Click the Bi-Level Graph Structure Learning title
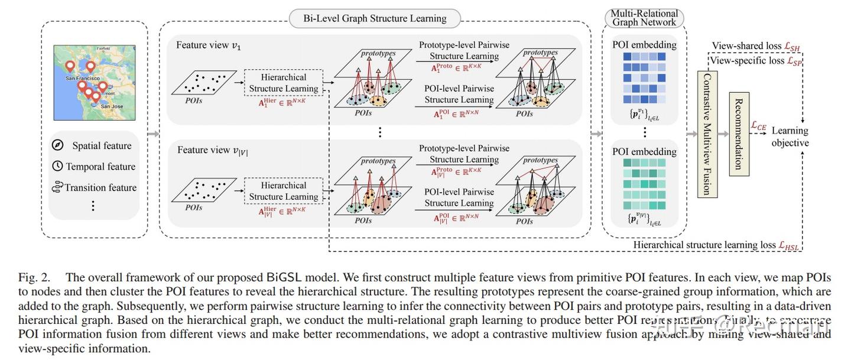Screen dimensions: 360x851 [375, 18]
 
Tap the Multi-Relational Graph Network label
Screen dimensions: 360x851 [644, 18]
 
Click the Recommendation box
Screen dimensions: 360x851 [738, 134]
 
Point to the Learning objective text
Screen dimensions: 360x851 [790, 137]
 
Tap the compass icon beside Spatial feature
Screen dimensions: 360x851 [58, 145]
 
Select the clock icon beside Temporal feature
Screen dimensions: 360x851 [57, 166]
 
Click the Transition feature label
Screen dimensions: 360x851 [100, 187]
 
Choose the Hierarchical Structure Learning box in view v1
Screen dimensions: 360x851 [284, 83]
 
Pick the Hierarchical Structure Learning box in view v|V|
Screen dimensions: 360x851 [284, 191]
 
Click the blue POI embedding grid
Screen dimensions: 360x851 [644, 77]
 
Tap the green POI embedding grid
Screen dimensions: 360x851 [644, 184]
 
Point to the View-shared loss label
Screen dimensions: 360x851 [756, 46]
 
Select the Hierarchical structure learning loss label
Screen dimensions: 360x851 [716, 245]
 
